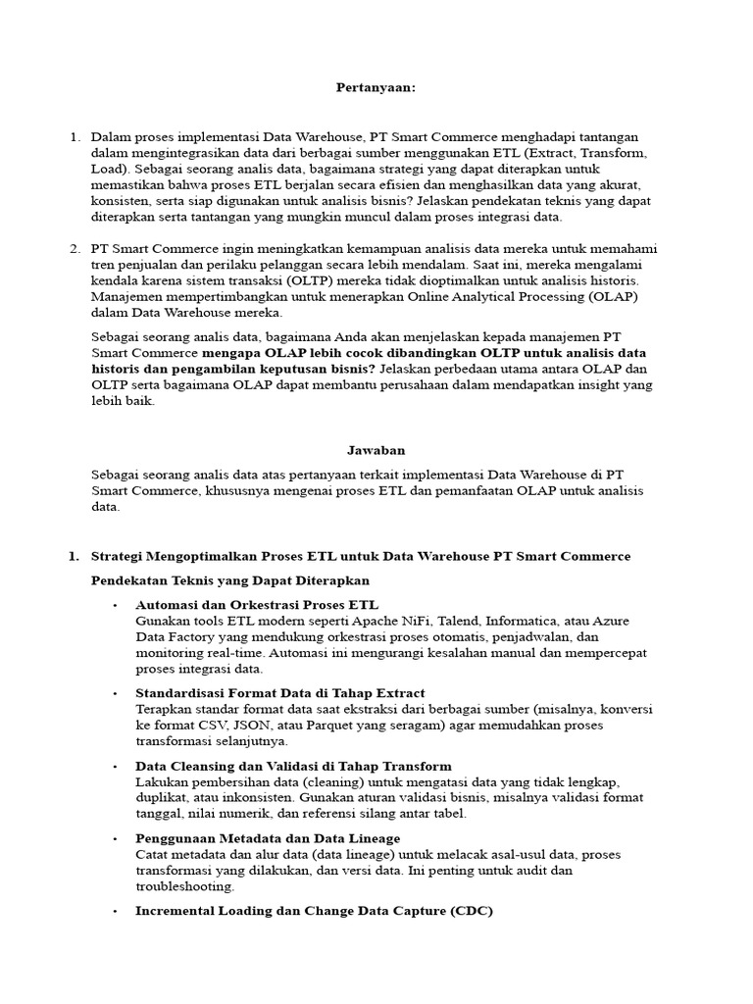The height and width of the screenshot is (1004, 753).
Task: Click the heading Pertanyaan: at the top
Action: pyautogui.click(x=376, y=88)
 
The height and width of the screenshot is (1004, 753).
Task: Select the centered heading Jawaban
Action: pyautogui.click(x=376, y=449)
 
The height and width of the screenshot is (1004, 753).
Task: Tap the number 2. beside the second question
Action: pyautogui.click(x=75, y=249)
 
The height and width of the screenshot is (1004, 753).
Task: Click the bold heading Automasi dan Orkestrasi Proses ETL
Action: pyautogui.click(x=257, y=605)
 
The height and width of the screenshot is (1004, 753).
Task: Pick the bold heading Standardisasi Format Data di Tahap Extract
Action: pyautogui.click(x=280, y=693)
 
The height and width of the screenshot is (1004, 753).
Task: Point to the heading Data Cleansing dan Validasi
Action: pyautogui.click(x=293, y=766)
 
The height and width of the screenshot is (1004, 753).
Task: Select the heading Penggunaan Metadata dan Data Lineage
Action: pyautogui.click(x=268, y=838)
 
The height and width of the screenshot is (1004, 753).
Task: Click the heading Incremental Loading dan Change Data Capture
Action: pyautogui.click(x=314, y=911)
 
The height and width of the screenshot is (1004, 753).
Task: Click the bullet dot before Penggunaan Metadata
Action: pyautogui.click(x=116, y=839)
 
